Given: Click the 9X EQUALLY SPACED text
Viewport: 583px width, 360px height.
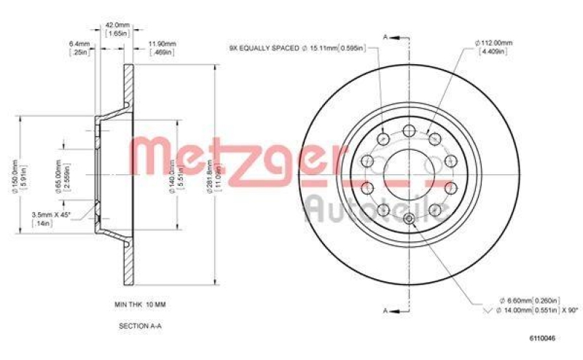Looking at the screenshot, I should click(263, 48).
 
